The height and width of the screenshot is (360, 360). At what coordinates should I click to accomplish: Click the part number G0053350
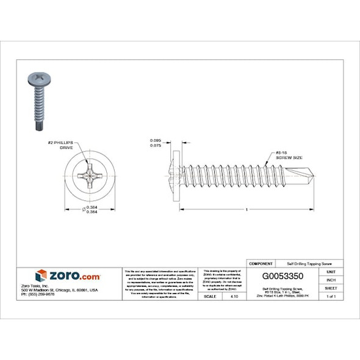(x=283, y=275)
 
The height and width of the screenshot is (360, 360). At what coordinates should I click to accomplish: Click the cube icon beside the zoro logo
(x=41, y=276)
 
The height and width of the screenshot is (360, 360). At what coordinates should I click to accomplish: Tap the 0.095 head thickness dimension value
(x=156, y=141)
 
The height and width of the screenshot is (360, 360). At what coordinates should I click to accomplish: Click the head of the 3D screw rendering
(x=38, y=79)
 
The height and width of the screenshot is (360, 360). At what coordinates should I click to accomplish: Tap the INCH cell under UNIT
(x=331, y=279)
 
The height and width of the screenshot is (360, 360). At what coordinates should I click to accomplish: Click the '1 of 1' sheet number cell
(x=331, y=296)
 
